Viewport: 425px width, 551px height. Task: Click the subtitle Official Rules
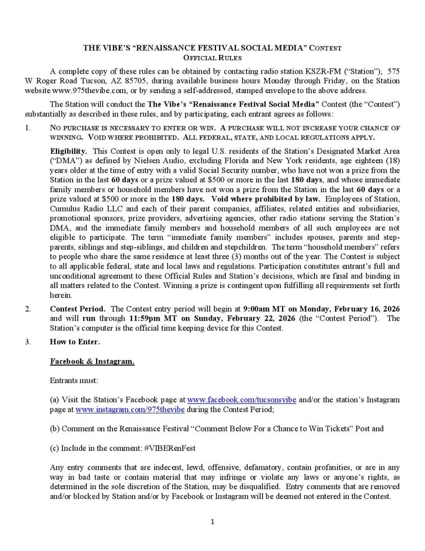click(x=212, y=57)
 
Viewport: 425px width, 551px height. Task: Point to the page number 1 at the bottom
click(x=213, y=521)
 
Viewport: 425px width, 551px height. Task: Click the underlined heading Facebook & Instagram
click(x=92, y=361)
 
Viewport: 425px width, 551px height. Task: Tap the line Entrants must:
click(x=74, y=380)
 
